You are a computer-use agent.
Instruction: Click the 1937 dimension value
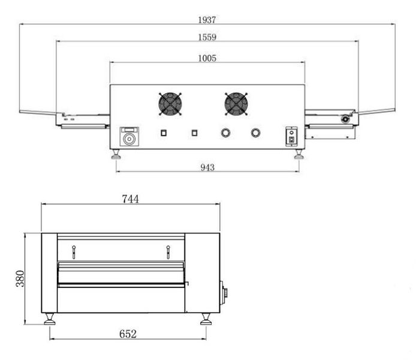pyautogui.click(x=207, y=20)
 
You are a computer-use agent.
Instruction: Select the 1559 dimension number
pyautogui.click(x=207, y=37)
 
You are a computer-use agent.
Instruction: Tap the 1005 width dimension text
pyautogui.click(x=207, y=58)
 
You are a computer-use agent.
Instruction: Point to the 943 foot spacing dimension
pyautogui.click(x=207, y=167)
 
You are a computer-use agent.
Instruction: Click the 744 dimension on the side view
pyautogui.click(x=130, y=199)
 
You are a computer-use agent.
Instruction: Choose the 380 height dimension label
pyautogui.click(x=20, y=278)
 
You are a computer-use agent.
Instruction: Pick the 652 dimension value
pyautogui.click(x=128, y=334)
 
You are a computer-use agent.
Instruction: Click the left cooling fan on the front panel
pyautogui.click(x=170, y=104)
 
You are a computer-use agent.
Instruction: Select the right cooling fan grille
pyautogui.click(x=236, y=104)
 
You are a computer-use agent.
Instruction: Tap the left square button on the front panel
pyautogui.click(x=164, y=133)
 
